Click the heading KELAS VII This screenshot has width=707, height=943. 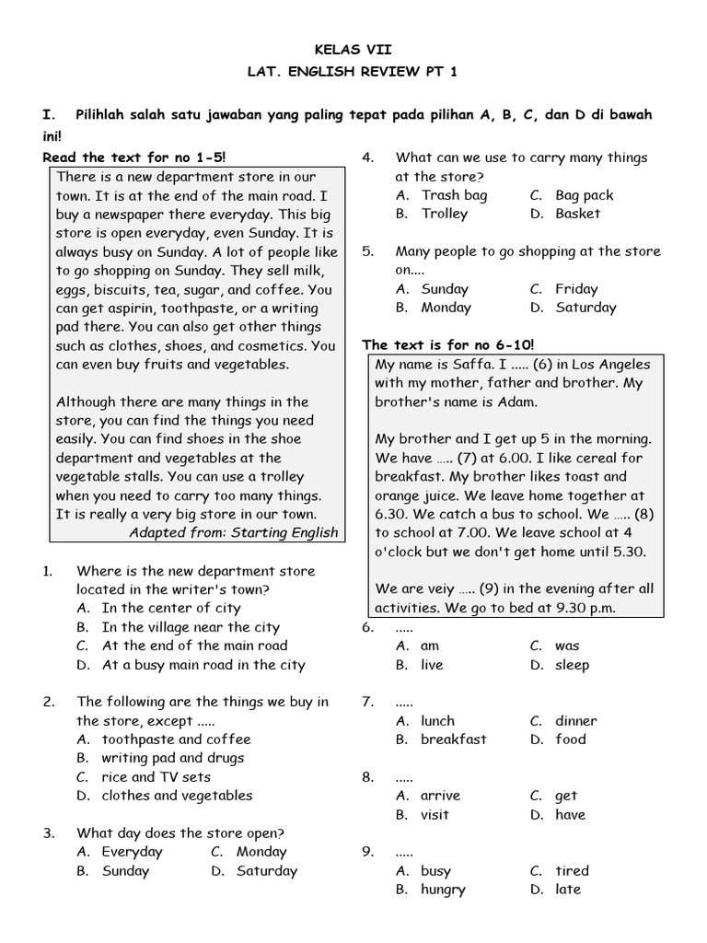(x=353, y=50)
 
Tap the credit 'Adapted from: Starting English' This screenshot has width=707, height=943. (x=233, y=532)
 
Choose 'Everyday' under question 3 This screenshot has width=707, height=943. (x=132, y=852)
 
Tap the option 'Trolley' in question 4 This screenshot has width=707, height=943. (x=445, y=214)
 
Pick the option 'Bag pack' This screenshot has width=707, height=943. (x=585, y=195)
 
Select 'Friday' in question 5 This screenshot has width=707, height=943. (x=576, y=289)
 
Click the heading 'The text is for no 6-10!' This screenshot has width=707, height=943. (x=447, y=344)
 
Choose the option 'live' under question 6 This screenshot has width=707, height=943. (x=432, y=665)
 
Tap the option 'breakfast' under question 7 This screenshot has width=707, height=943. (x=454, y=739)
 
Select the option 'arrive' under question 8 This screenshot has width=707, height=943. (x=440, y=796)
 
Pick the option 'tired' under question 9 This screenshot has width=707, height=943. (x=572, y=870)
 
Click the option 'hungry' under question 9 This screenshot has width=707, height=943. (x=443, y=890)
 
